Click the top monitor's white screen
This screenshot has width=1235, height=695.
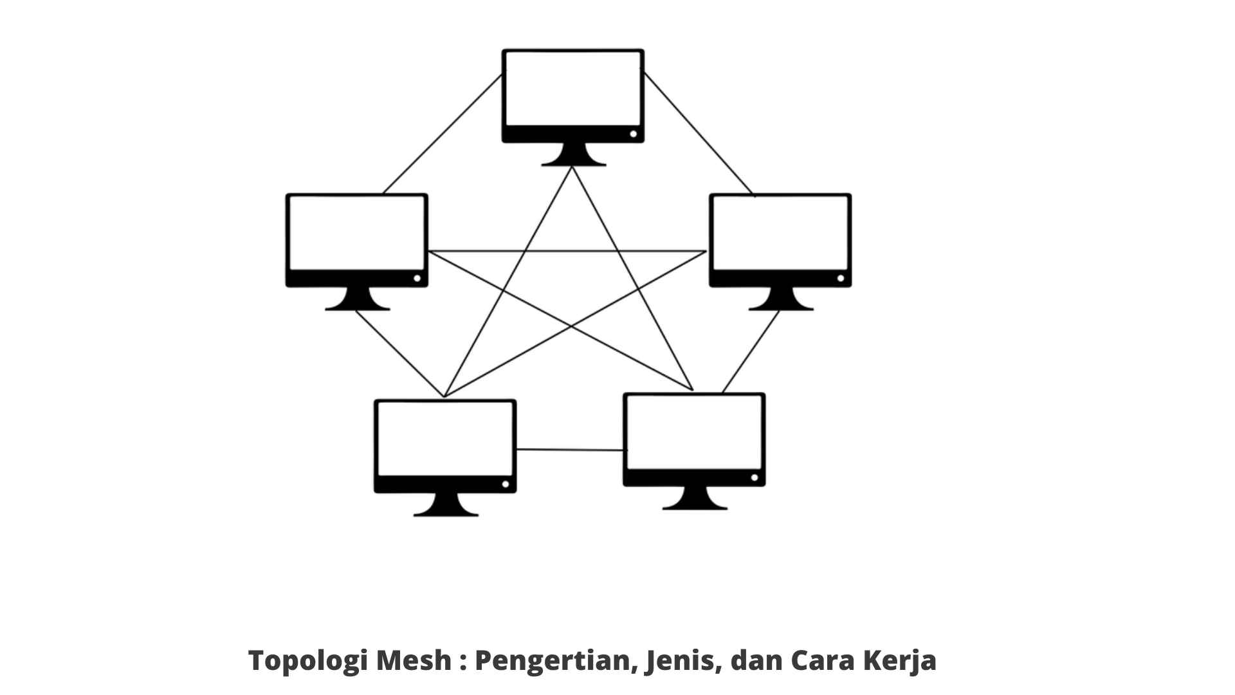(573, 89)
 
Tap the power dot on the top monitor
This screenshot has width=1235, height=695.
(634, 134)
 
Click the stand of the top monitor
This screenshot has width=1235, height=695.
(573, 155)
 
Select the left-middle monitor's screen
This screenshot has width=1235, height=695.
(357, 233)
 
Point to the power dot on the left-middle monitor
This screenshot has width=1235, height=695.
(417, 278)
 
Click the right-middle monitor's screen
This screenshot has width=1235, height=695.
(780, 233)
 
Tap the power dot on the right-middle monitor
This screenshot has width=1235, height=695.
(841, 278)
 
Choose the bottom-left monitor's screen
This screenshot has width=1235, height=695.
(445, 439)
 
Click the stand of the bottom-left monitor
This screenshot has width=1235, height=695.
(445, 505)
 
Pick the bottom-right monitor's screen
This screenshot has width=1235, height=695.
(694, 432)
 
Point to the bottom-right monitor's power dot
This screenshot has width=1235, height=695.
(755, 477)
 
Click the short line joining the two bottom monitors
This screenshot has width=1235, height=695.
(570, 450)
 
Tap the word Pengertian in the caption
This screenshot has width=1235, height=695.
(554, 661)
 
